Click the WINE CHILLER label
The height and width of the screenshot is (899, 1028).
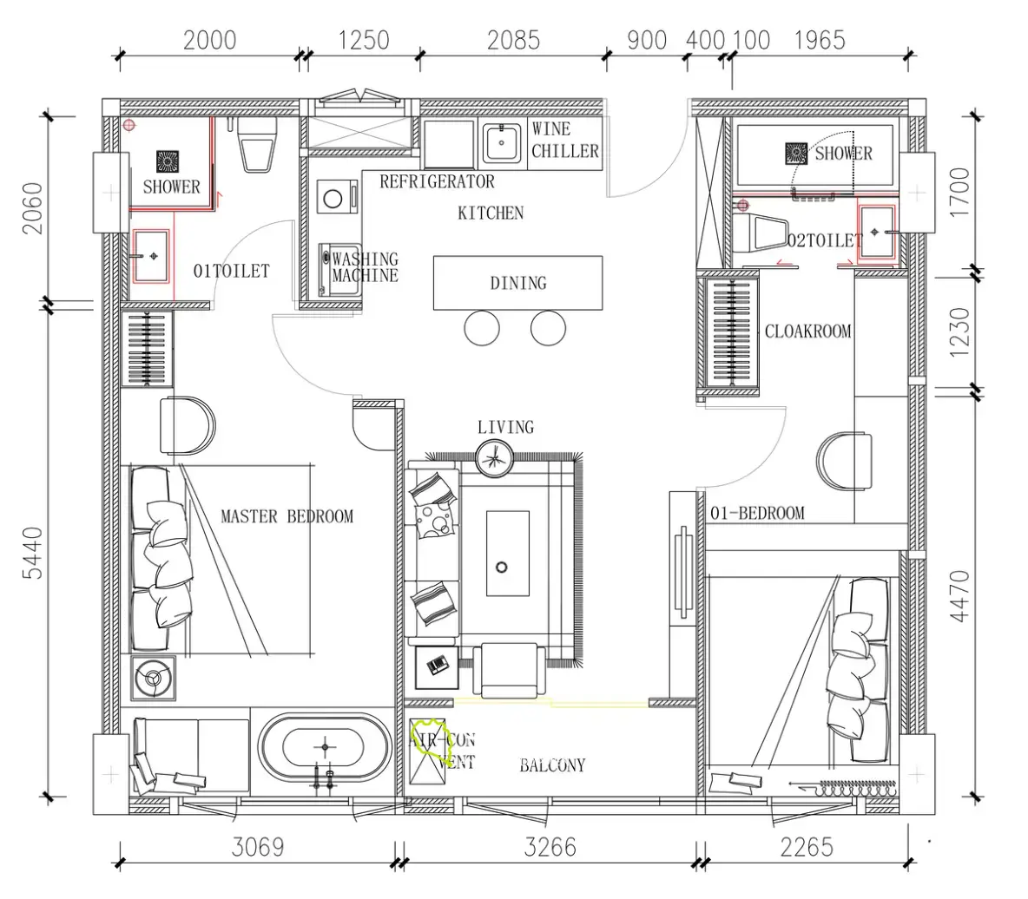[564, 141]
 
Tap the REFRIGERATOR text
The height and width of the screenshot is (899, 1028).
[438, 181]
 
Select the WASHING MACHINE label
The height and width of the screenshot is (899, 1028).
[366, 267]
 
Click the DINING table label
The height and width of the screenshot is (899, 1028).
[518, 283]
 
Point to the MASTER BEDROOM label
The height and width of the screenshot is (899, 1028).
[287, 516]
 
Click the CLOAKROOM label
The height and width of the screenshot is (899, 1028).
[807, 331]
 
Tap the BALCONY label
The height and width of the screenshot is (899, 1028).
[552, 764]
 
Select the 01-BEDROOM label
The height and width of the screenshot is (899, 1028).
[757, 512]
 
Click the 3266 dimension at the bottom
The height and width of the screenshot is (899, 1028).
[550, 847]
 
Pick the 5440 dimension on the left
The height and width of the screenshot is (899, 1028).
[32, 553]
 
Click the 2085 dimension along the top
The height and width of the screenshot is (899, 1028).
[513, 40]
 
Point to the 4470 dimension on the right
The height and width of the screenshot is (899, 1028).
[959, 596]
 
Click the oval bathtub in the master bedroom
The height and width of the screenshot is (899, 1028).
[326, 748]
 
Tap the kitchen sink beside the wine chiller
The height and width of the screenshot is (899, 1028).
[502, 142]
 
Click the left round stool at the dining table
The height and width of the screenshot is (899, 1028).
[482, 327]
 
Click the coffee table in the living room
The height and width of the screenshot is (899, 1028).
[507, 554]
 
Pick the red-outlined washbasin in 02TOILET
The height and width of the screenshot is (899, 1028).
[877, 232]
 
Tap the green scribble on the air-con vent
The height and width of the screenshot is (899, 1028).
[429, 739]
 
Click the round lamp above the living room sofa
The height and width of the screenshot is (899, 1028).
[495, 456]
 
